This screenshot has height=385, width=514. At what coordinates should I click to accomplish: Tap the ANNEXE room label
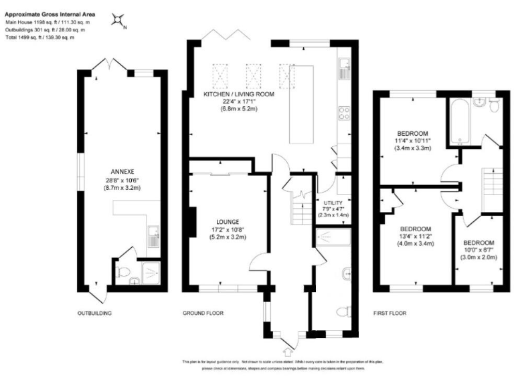click(x=120, y=171)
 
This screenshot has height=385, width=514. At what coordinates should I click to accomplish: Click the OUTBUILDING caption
click(x=94, y=313)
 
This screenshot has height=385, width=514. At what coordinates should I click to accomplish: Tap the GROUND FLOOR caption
click(x=203, y=313)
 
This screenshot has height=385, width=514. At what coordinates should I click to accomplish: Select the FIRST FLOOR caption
click(x=390, y=313)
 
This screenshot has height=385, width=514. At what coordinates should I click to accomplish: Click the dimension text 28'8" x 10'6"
click(x=120, y=179)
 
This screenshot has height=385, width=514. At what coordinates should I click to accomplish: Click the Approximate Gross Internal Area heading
click(x=50, y=13)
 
